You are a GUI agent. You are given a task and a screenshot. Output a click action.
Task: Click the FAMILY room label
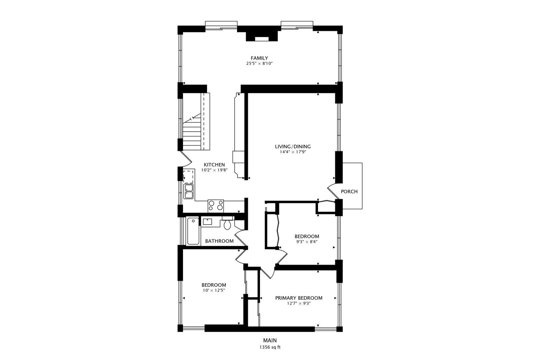259,58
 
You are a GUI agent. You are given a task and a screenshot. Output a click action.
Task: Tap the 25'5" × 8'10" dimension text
259,63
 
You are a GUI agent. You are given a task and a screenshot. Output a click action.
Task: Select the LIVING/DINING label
293,146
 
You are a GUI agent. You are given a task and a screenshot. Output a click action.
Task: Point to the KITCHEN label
214,165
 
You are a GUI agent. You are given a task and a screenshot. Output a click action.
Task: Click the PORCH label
349,192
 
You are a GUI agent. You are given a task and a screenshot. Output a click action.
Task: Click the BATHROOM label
219,241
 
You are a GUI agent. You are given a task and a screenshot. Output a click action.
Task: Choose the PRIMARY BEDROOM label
299,298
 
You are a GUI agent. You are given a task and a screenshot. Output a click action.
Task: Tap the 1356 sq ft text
270,347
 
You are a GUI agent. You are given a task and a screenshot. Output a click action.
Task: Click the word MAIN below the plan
270,340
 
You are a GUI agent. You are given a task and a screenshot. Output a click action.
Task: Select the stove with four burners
216,205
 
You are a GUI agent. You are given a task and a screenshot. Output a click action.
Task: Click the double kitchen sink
189,191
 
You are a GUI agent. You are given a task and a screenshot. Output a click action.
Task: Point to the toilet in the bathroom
227,224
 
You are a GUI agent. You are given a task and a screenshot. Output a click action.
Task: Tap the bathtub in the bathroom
193,231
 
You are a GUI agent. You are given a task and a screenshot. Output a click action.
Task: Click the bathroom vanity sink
208,221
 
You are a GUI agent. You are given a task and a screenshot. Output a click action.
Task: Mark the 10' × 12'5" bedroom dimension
214,290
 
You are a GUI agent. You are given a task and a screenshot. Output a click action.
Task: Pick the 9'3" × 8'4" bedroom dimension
306,242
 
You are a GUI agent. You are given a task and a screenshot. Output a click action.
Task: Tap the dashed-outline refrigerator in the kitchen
189,176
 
